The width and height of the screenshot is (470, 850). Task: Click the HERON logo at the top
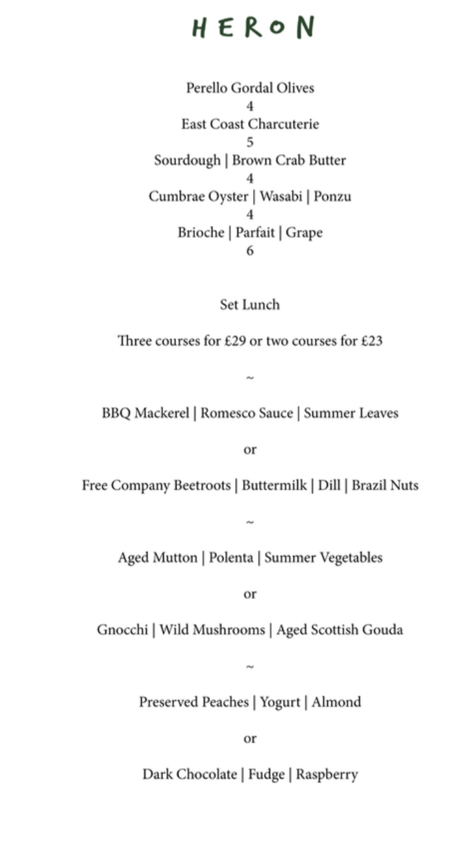(253, 28)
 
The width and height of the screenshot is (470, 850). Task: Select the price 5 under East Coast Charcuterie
(250, 142)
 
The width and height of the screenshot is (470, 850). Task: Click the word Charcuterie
(284, 125)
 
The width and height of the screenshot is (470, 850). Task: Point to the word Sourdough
(187, 161)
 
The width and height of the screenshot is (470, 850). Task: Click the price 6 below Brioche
(250, 250)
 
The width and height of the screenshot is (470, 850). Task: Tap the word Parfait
(254, 233)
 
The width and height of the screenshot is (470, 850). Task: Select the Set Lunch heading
(250, 305)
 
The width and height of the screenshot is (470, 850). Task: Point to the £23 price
(371, 341)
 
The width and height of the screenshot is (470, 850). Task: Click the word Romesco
(223, 413)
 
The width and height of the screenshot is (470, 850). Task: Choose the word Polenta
(231, 558)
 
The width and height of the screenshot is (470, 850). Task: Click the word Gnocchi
(122, 630)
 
